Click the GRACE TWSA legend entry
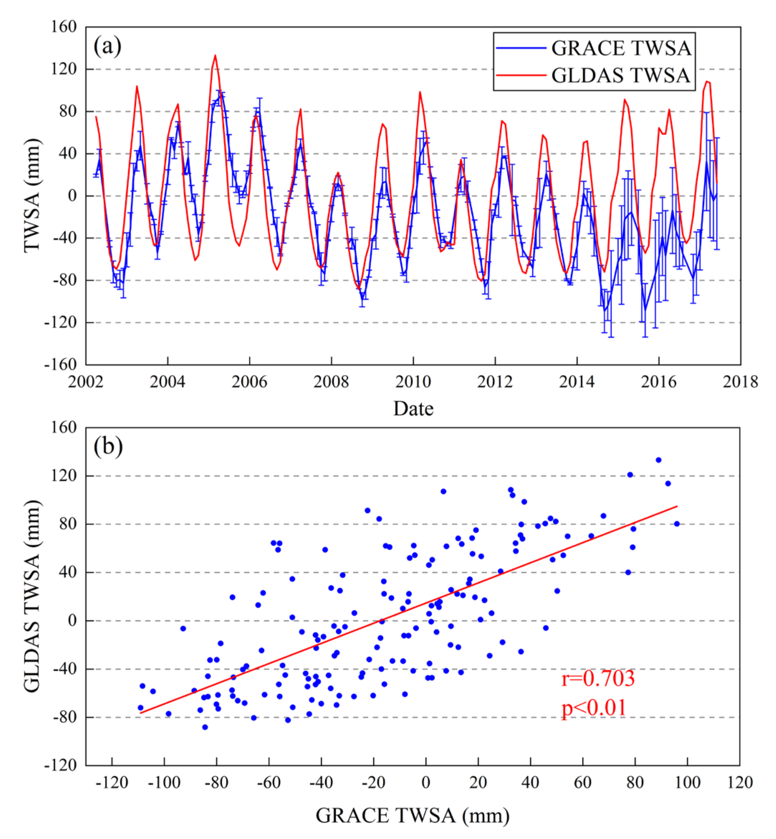pyautogui.click(x=621, y=48)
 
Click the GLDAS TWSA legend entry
pyautogui.click(x=621, y=76)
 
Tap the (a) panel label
pyautogui.click(x=107, y=46)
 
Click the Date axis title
pyautogui.click(x=413, y=408)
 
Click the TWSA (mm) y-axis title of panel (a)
pyautogui.click(x=32, y=196)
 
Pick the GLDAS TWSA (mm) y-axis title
pyautogui.click(x=32, y=596)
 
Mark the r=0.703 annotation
pyautogui.click(x=598, y=678)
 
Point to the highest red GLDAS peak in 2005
pyautogui.click(x=215, y=56)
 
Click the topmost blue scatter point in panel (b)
pyautogui.click(x=658, y=460)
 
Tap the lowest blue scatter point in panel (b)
pyautogui.click(x=205, y=727)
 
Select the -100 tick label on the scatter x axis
pyautogui.click(x=164, y=782)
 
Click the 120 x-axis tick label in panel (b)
pyautogui.click(x=740, y=782)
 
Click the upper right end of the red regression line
pyautogui.click(x=677, y=506)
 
